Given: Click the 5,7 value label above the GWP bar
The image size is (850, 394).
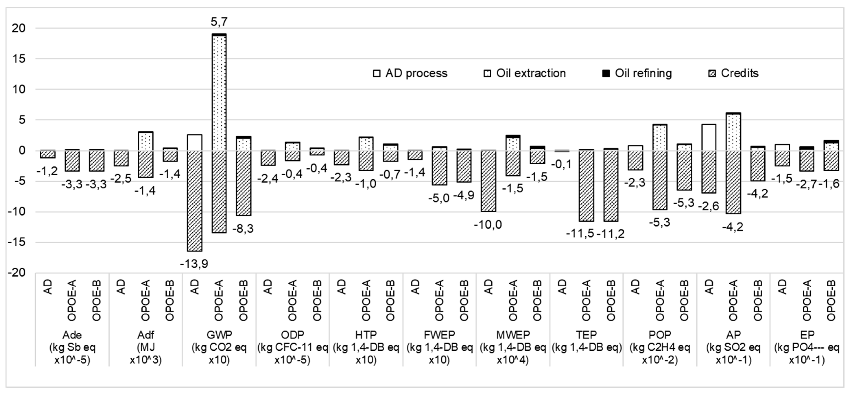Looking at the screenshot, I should coord(219,22).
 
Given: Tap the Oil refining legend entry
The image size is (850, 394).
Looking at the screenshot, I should coord(637,73).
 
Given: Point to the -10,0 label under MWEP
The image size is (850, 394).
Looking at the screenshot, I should coord(488,225).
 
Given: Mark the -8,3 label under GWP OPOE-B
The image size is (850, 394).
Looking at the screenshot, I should coord(243,228).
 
